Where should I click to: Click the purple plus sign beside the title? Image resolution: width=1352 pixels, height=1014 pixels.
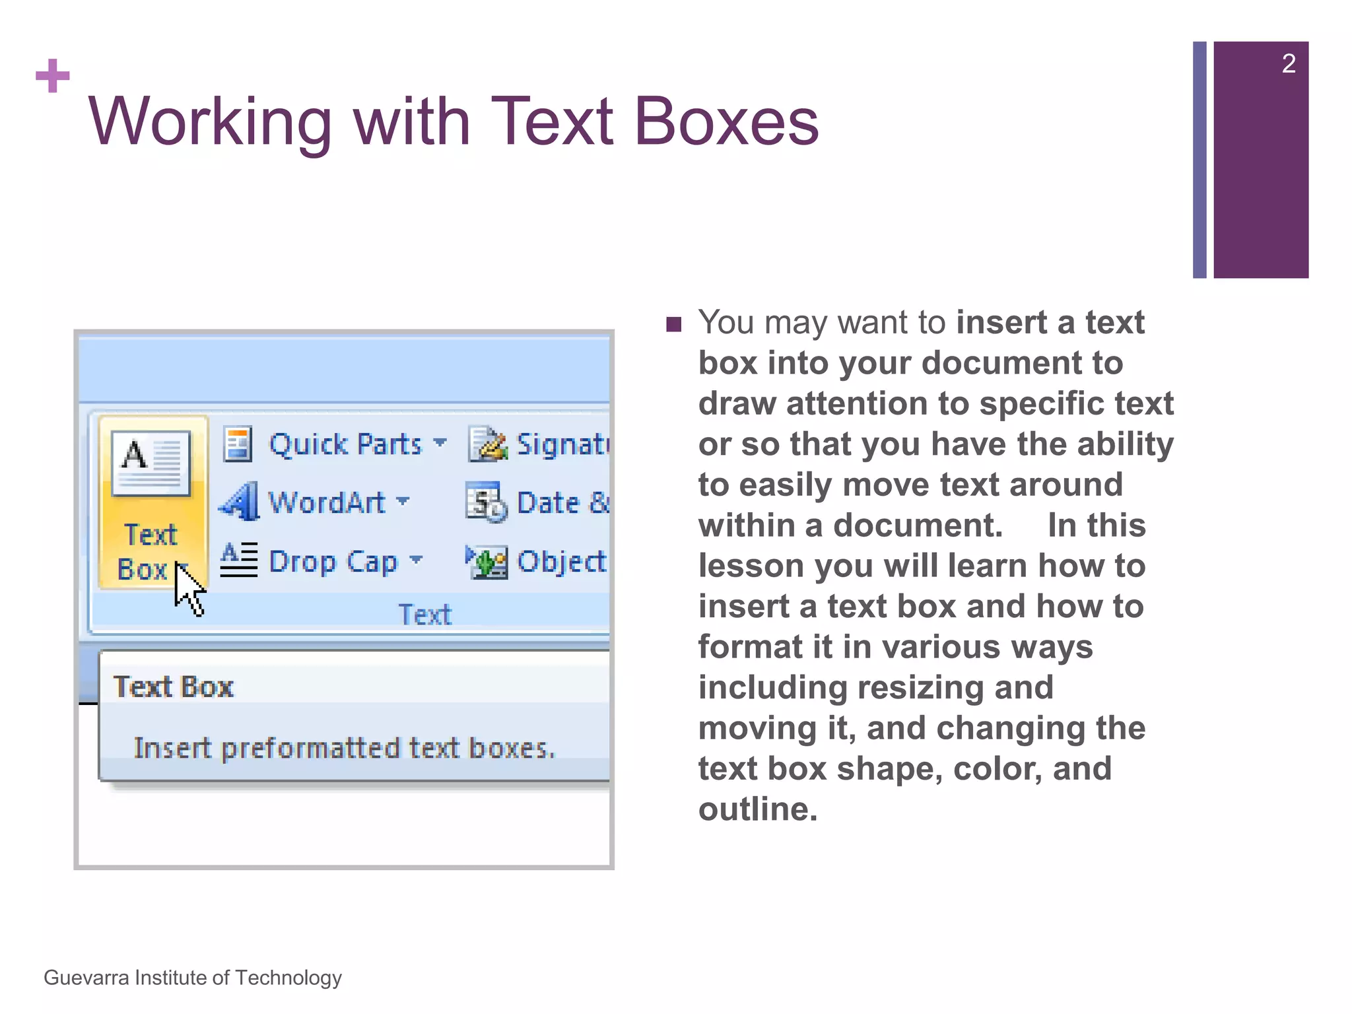(x=53, y=76)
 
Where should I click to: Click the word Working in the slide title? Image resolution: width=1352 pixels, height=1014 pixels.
(x=210, y=122)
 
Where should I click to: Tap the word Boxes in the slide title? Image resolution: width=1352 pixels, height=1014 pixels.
(x=726, y=122)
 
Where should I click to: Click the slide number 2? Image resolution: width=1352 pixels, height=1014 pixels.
(x=1288, y=64)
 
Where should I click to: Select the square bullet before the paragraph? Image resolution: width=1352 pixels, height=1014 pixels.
(x=673, y=324)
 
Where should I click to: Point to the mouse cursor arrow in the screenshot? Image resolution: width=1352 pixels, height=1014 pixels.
(x=188, y=589)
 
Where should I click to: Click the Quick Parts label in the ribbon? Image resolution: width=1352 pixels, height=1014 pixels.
(x=345, y=444)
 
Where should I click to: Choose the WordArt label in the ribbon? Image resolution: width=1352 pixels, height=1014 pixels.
(x=327, y=502)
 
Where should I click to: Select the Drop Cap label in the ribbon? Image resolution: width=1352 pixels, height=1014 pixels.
(x=333, y=562)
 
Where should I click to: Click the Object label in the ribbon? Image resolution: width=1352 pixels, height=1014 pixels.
(x=561, y=562)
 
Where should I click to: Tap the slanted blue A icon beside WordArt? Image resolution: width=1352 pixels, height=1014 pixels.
(x=239, y=502)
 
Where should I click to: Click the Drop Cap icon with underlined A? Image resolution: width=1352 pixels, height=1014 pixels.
(x=238, y=560)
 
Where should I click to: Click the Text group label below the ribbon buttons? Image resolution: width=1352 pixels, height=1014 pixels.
(x=425, y=615)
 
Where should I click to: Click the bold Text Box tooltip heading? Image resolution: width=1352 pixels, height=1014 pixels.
(x=174, y=687)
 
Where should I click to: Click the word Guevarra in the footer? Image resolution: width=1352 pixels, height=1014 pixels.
(x=86, y=978)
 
